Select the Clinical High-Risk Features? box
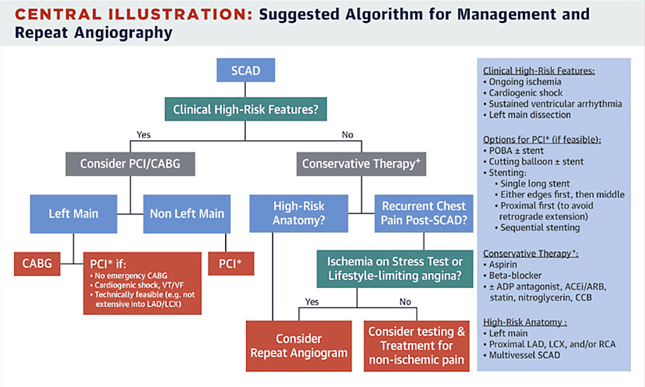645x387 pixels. click(x=245, y=109)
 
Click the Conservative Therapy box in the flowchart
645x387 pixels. click(x=360, y=164)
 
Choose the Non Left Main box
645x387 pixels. click(x=186, y=213)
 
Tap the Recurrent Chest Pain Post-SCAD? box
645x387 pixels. click(x=424, y=213)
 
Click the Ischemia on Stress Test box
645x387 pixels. click(x=399, y=268)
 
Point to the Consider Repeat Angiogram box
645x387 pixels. click(x=298, y=346)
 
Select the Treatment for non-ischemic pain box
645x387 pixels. click(x=416, y=346)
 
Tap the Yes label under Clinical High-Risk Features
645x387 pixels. click(x=143, y=135)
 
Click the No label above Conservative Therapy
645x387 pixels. click(x=347, y=135)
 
